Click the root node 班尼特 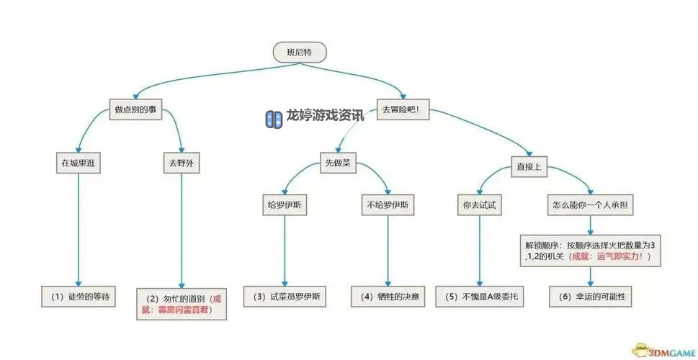300,52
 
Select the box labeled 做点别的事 135,110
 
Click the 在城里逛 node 79,163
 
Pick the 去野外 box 180,163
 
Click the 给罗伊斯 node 285,204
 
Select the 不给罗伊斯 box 388,204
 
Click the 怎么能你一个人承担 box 591,204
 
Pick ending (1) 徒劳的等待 79,296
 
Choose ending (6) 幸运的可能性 591,296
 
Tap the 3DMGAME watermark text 670,351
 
